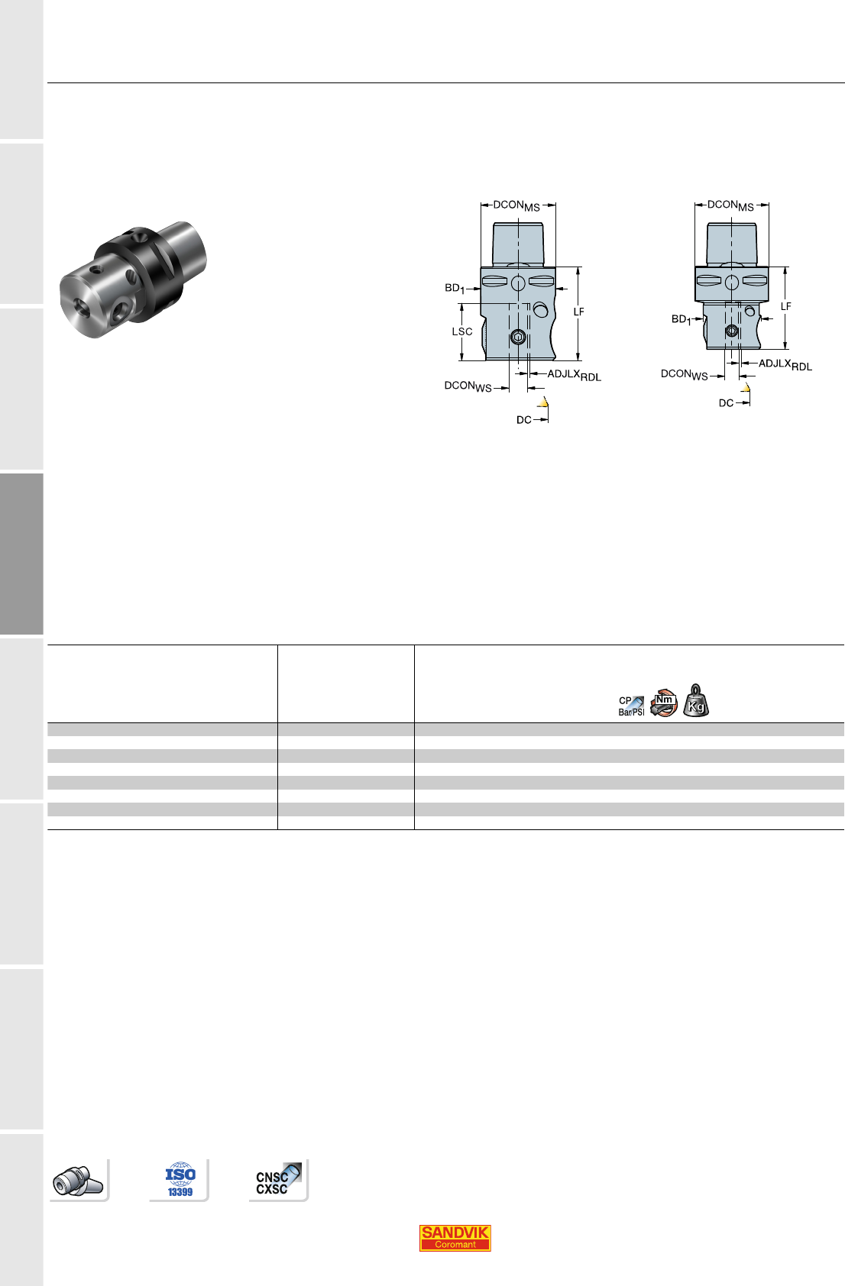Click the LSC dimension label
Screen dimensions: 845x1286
point(462,332)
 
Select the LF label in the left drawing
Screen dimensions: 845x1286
point(578,312)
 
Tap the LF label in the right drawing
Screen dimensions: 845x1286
point(786,306)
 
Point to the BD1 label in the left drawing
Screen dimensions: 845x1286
point(455,288)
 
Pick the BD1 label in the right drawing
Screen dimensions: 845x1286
point(682,319)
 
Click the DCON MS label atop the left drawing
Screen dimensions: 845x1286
point(516,205)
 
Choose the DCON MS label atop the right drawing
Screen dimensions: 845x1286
point(730,205)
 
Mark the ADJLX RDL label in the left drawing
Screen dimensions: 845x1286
point(574,375)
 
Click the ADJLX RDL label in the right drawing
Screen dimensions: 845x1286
point(785,364)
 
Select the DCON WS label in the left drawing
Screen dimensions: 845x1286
point(468,386)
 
